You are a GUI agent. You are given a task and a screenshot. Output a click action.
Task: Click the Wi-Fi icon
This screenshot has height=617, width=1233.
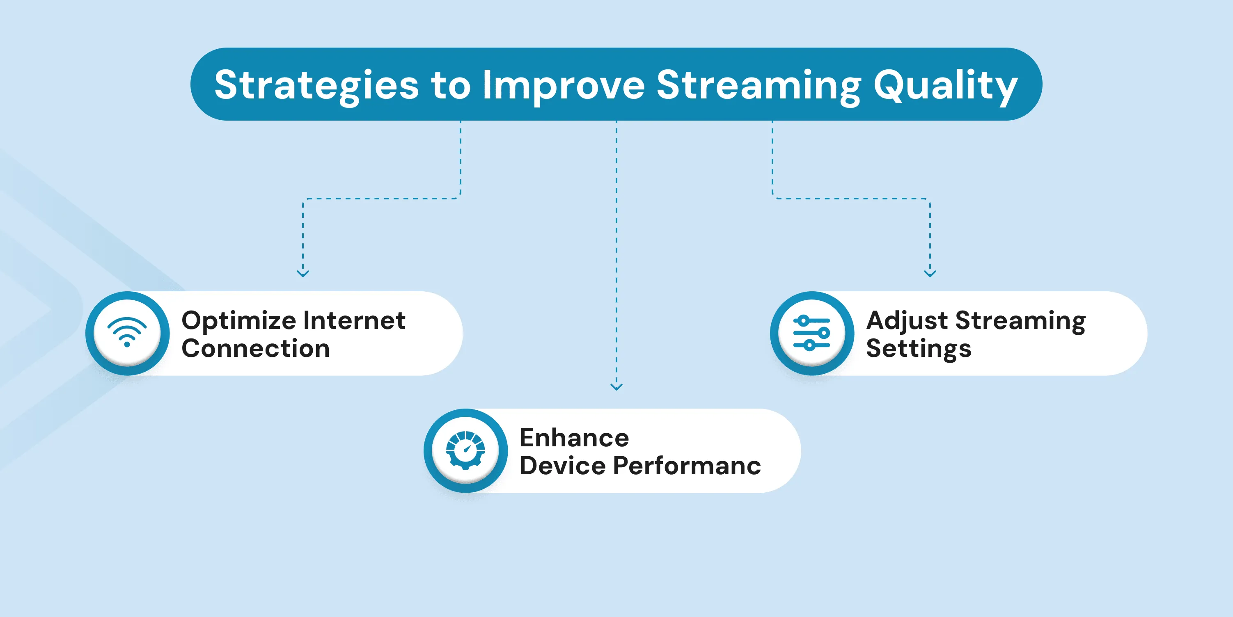pyautogui.click(x=127, y=332)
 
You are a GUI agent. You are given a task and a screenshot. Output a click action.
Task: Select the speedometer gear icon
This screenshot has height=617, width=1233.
pyautogui.click(x=465, y=450)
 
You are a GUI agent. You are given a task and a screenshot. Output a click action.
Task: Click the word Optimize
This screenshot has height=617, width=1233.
pyautogui.click(x=239, y=321)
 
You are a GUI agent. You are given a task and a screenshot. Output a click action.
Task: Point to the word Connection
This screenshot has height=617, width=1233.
pyautogui.click(x=256, y=348)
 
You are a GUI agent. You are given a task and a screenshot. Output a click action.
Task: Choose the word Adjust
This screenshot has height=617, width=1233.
pyautogui.click(x=907, y=321)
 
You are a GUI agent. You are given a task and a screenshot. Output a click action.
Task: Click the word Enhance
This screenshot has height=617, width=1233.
pyautogui.click(x=574, y=438)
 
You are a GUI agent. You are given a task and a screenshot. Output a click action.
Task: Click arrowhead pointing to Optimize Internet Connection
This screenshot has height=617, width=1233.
pyautogui.click(x=303, y=274)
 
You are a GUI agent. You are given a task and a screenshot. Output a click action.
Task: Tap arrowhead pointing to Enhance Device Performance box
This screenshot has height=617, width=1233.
pyautogui.click(x=616, y=386)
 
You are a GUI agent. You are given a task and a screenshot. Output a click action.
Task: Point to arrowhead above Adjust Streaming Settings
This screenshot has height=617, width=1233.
pyautogui.click(x=930, y=274)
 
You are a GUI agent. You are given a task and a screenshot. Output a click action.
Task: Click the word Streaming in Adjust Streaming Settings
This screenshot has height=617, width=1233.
pyautogui.click(x=1020, y=321)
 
